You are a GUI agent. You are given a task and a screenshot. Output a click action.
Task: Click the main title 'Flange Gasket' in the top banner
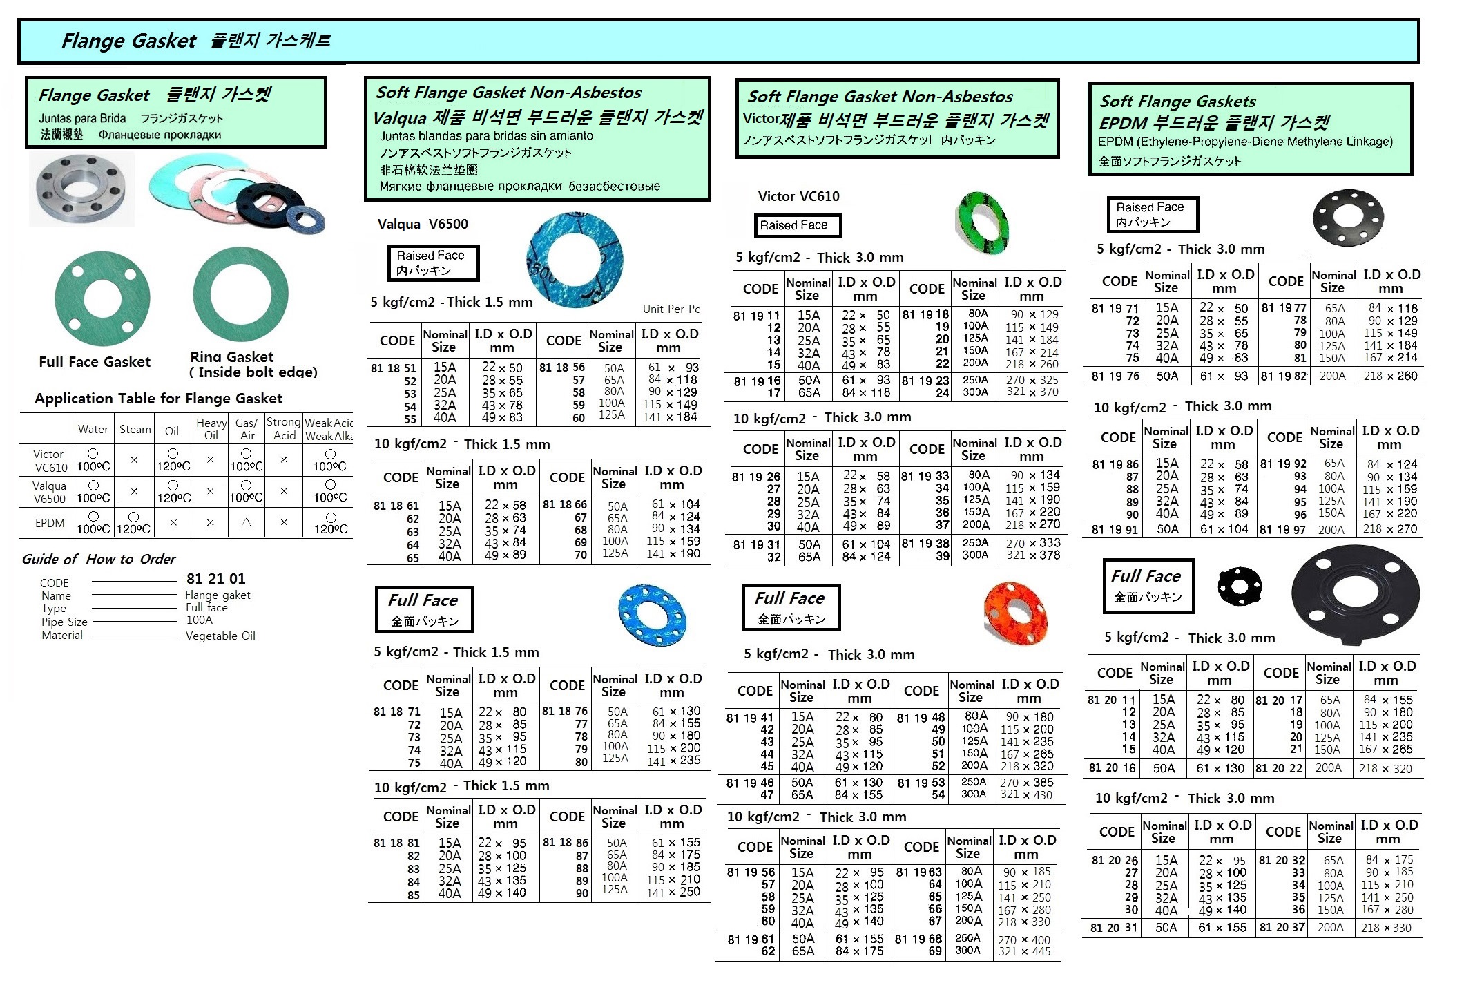click(x=128, y=41)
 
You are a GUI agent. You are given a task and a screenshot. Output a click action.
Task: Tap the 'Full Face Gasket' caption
click(x=95, y=362)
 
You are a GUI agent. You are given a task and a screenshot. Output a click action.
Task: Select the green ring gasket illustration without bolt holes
click(x=240, y=294)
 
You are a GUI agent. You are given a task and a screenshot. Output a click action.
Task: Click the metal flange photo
click(x=81, y=189)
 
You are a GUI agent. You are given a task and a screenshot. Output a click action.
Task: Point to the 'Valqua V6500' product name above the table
click(x=423, y=224)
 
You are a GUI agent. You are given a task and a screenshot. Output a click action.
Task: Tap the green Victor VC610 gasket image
click(x=983, y=222)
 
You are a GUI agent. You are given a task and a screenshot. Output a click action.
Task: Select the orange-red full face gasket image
click(x=1014, y=613)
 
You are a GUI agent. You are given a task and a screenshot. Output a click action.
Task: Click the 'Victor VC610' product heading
click(x=798, y=196)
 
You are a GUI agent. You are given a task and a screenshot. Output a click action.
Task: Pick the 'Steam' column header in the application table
click(x=135, y=429)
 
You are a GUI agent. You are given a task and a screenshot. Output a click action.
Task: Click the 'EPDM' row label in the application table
click(x=50, y=523)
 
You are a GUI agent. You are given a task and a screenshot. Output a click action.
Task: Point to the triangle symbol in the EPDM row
click(x=246, y=523)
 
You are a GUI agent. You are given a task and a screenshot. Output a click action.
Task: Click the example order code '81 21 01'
click(x=215, y=579)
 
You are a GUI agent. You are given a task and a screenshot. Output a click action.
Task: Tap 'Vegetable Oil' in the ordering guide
click(x=220, y=636)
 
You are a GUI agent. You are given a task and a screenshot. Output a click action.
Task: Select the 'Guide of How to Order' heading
click(x=99, y=559)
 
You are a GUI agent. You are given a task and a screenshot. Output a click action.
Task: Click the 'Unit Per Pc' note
click(x=671, y=309)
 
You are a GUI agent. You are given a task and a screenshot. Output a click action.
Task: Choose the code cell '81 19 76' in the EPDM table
click(x=1115, y=376)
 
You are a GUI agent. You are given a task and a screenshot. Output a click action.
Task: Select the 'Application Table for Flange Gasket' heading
click(x=158, y=399)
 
